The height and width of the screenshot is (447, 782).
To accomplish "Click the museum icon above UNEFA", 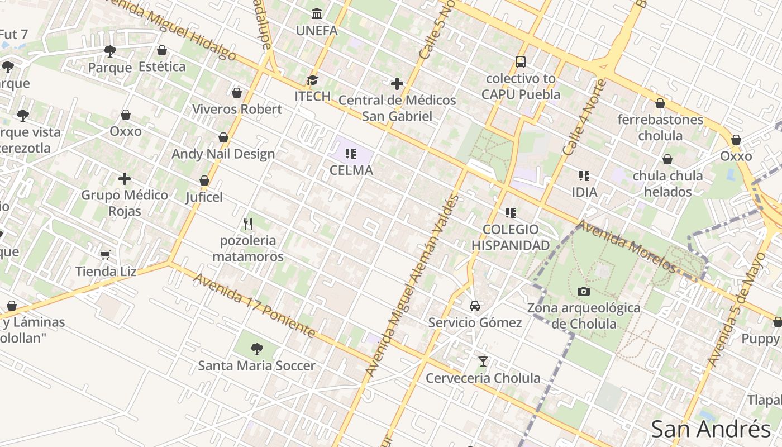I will tap(317, 13).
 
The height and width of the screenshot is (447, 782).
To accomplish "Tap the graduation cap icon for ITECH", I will tap(312, 80).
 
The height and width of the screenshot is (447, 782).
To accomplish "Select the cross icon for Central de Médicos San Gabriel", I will tap(397, 84).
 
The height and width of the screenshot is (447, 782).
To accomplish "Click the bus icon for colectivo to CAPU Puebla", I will tap(521, 62).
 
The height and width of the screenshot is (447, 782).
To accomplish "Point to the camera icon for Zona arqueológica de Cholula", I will tap(584, 291).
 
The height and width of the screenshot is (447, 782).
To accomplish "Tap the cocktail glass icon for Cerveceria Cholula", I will tap(483, 362).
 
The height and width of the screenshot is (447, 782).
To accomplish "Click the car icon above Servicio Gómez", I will tap(475, 306).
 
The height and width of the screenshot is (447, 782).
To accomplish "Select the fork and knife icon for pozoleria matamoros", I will tap(248, 224).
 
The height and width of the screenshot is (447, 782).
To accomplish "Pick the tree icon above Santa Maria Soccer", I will tap(257, 349).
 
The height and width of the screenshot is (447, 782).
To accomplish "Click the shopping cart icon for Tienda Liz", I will tap(105, 255).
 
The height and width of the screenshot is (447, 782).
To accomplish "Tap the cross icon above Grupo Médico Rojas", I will tap(125, 179).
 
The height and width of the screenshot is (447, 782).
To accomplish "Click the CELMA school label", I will tap(351, 170).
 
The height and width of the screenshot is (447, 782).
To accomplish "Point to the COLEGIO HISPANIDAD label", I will tap(511, 237).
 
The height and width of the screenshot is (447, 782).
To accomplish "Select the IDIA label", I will tap(584, 192).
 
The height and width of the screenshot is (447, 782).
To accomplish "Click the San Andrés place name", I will tap(711, 429).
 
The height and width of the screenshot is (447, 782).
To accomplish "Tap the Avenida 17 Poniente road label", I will tap(254, 305).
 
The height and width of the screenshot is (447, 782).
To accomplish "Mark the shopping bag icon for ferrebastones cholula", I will tap(660, 104).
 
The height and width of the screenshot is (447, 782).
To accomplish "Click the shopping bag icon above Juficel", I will tap(204, 180).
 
